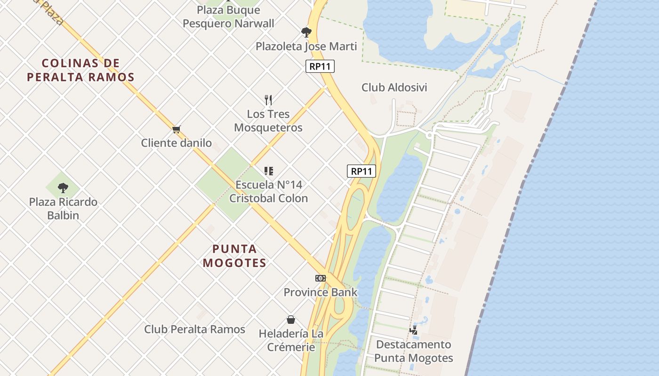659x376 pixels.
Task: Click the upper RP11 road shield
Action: point(320,66)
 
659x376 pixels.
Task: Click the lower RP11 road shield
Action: point(362,171)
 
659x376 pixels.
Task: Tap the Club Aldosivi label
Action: point(394,87)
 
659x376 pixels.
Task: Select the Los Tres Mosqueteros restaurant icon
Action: point(268,100)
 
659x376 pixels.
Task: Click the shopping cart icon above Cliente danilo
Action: point(177,129)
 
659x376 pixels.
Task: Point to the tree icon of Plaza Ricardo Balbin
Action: point(63,188)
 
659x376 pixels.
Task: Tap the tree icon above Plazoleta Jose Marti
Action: point(306,32)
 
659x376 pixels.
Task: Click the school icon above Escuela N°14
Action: point(268,171)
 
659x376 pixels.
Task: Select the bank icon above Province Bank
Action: point(321,278)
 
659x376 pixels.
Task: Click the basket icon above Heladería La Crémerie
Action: point(291,320)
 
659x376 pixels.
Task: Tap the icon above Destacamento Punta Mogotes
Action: point(413,330)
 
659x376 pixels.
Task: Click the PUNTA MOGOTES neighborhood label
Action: point(234,256)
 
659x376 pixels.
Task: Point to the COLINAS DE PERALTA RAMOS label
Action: point(80,70)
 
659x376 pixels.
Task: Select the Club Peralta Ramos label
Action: point(194,329)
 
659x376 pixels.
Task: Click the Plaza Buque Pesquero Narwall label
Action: point(228,16)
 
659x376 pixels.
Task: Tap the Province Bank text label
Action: point(321,292)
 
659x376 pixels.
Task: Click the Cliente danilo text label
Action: point(177,143)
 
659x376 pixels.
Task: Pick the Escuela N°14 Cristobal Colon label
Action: point(268,191)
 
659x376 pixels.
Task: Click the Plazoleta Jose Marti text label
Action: point(306,47)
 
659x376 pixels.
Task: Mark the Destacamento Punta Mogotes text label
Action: point(413,351)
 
